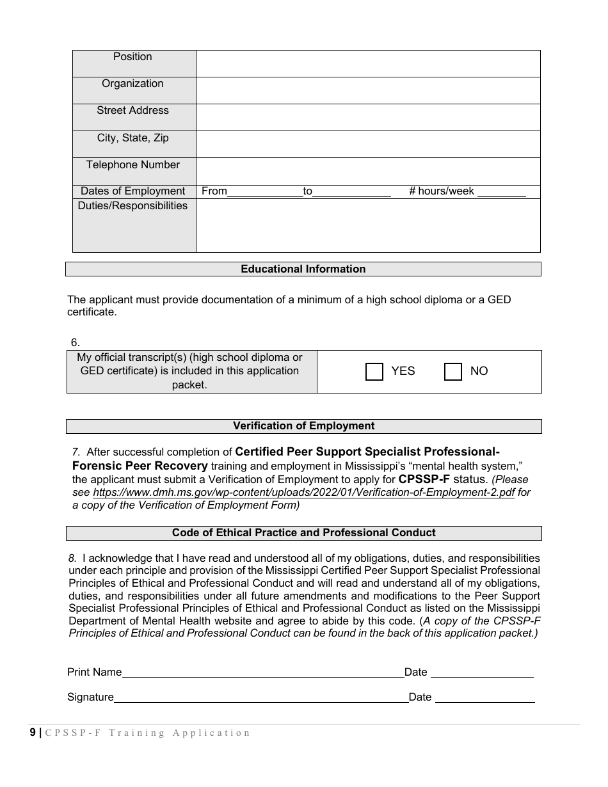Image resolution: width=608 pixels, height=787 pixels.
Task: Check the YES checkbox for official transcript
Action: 374,372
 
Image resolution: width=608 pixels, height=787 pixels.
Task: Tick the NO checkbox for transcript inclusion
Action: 453,372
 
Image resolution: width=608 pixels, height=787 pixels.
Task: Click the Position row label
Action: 132,57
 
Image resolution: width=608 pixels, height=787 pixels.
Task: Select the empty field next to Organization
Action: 368,90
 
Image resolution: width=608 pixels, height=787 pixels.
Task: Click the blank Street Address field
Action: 368,117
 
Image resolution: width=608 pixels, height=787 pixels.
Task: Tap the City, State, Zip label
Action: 132,138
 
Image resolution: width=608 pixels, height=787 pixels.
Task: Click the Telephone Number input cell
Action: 368,171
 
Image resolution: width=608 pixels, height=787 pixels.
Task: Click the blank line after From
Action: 265,192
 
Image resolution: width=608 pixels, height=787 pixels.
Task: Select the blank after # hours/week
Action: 501,192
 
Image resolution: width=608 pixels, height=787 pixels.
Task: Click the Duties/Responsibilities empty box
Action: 368,225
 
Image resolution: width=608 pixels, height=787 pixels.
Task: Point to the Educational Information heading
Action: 303,269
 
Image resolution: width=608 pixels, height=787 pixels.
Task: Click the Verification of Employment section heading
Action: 303,426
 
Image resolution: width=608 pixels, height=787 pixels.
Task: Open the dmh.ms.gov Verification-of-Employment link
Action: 303,493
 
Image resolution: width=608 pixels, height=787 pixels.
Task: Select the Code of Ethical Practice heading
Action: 303,533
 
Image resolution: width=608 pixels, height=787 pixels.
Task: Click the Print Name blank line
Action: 262,672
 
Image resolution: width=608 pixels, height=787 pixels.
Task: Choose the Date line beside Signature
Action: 484,697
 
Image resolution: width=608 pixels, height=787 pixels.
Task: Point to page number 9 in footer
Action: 33,733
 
